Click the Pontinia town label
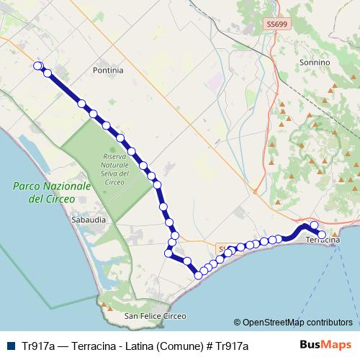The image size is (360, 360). click(x=108, y=71)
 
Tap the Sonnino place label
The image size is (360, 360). click(x=314, y=63)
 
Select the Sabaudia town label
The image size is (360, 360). click(x=89, y=217)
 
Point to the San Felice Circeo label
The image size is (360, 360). click(x=155, y=316)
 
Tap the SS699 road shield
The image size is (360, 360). click(x=275, y=24)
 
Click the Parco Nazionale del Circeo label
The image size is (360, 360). click(x=52, y=192)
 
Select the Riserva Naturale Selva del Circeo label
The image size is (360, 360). click(x=115, y=168)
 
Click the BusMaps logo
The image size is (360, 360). click(x=325, y=346)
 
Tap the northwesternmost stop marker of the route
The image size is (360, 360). click(x=38, y=66)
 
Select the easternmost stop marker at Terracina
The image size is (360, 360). click(x=323, y=234)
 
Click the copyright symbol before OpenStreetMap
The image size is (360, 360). click(x=237, y=323)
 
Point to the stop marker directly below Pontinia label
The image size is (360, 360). click(x=82, y=103)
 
